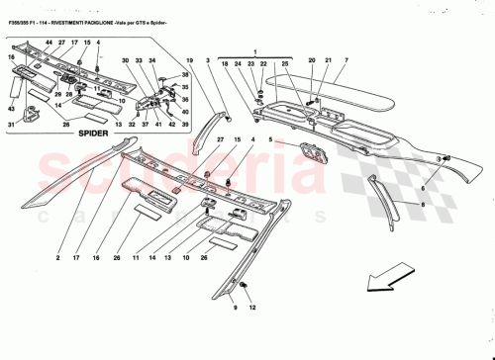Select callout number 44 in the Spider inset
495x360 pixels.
tap(48, 45)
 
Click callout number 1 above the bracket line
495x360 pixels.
tap(253, 49)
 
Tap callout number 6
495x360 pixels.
tap(422, 188)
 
